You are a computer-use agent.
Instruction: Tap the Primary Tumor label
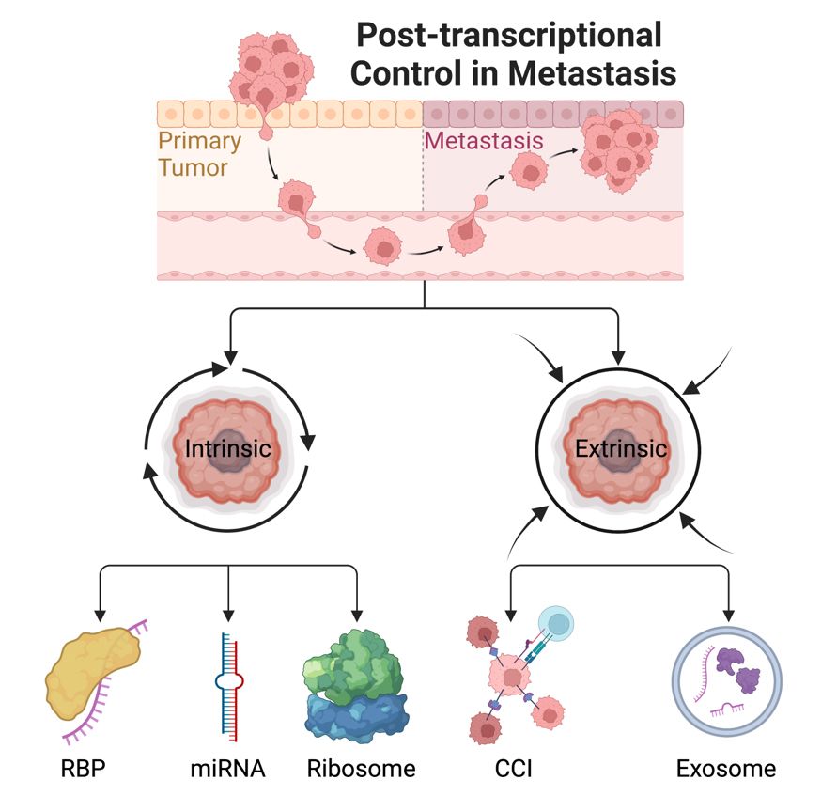click(x=198, y=154)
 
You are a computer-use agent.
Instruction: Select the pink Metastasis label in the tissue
click(x=484, y=141)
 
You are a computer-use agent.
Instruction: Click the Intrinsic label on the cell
click(x=227, y=449)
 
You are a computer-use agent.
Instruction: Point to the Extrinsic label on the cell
click(x=621, y=449)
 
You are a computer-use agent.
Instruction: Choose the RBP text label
click(x=85, y=769)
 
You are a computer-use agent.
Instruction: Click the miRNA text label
click(x=227, y=769)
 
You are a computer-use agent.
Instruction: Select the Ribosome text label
click(x=361, y=769)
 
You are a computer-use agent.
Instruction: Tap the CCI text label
click(x=514, y=769)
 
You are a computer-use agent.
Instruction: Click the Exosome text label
click(x=725, y=769)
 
